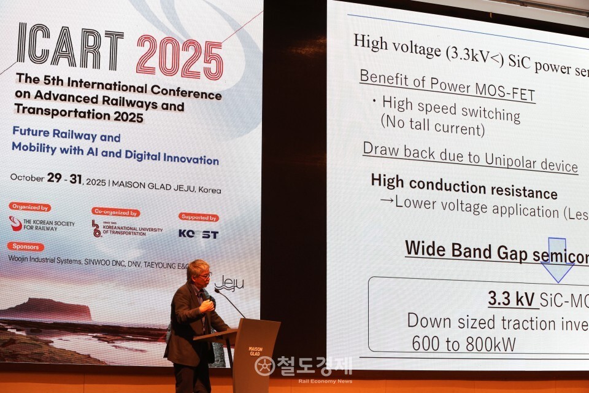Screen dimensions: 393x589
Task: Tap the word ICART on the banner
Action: tap(70, 47)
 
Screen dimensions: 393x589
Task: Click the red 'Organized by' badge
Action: tap(29, 207)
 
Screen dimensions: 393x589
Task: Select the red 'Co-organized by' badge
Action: tap(115, 212)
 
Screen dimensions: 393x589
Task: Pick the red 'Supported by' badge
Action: tap(198, 217)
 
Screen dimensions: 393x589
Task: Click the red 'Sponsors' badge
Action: tap(26, 246)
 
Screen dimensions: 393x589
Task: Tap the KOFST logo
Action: tap(198, 234)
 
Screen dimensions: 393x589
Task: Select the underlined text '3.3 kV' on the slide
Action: tap(511, 299)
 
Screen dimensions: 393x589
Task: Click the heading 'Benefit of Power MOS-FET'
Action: tap(447, 87)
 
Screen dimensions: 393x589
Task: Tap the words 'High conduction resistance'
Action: tap(464, 187)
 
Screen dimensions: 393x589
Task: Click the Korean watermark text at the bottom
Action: tap(313, 365)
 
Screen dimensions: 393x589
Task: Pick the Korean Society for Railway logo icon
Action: tap(15, 224)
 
